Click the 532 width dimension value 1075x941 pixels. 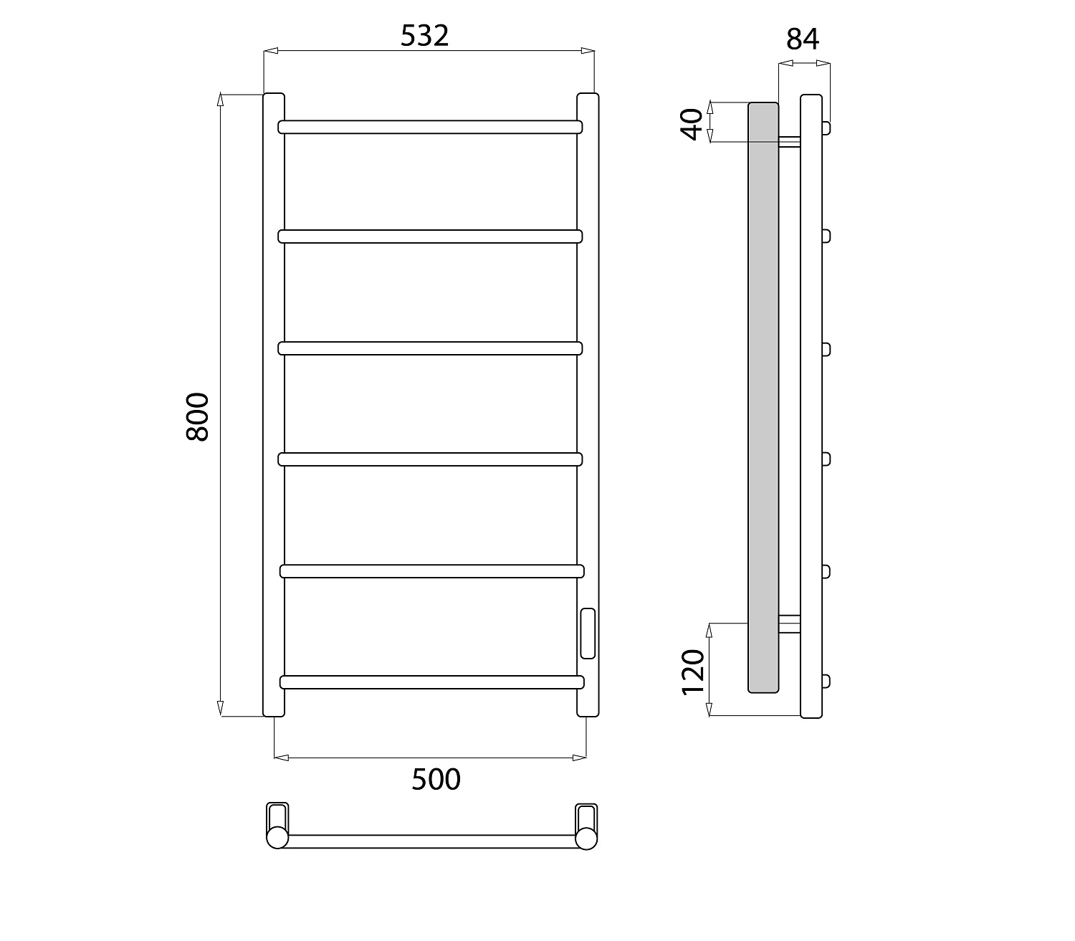pyautogui.click(x=424, y=36)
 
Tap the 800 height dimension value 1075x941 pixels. pyautogui.click(x=198, y=416)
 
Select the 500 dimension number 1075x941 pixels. pyautogui.click(x=436, y=779)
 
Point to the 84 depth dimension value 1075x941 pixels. pyautogui.click(x=803, y=39)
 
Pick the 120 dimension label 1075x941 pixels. pyautogui.click(x=692, y=672)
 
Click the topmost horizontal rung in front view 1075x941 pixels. pyautogui.click(x=430, y=127)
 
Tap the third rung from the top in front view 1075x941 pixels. pyautogui.click(x=430, y=348)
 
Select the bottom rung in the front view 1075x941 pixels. pyautogui.click(x=432, y=682)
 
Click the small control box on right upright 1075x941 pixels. pyautogui.click(x=588, y=633)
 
